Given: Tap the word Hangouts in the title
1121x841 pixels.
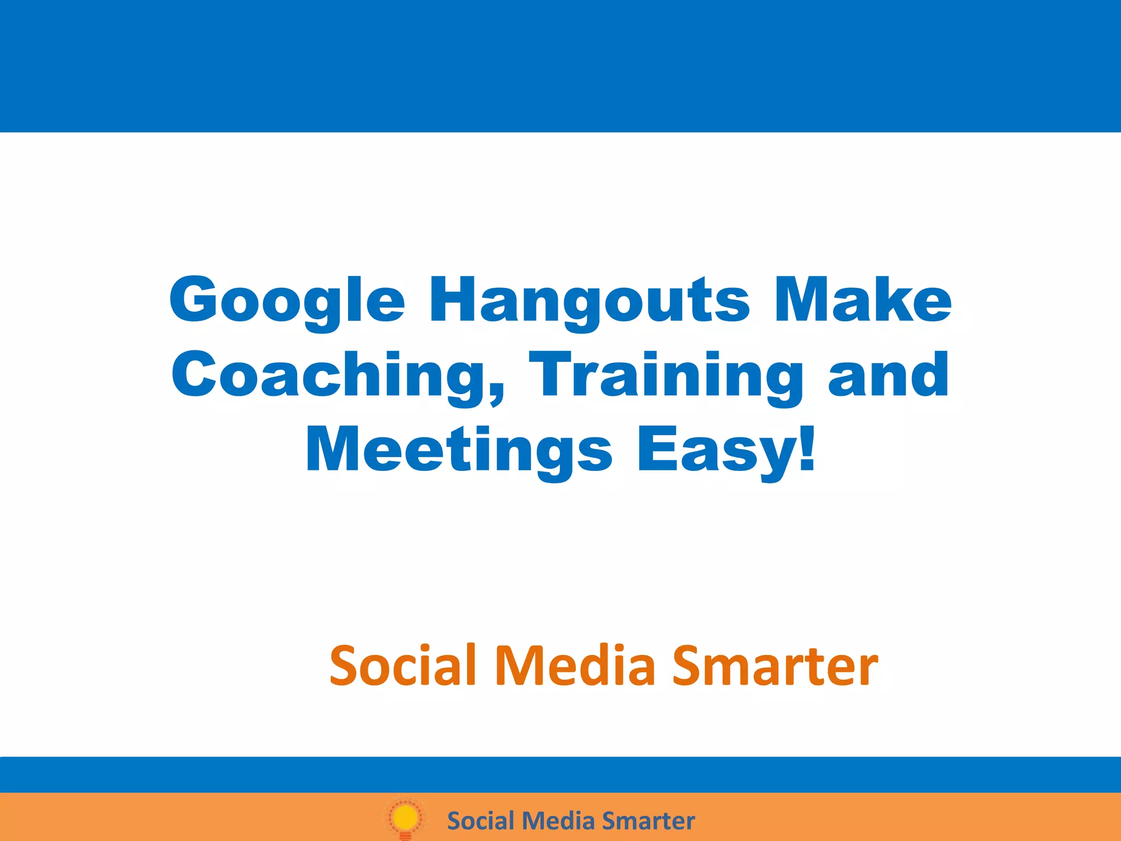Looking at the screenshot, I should click(x=589, y=301).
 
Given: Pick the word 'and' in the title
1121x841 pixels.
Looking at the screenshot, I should click(x=888, y=375).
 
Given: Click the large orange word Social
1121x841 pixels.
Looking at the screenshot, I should click(x=403, y=666).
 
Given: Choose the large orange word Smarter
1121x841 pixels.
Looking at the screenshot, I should click(x=775, y=666).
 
